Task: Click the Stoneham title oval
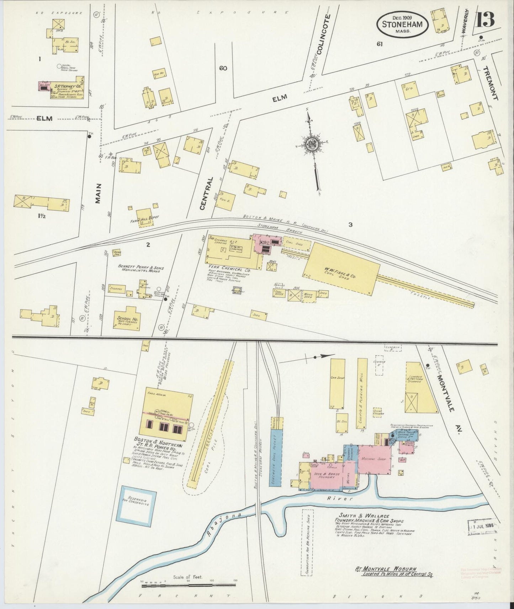click(x=402, y=24)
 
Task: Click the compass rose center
click(x=311, y=144)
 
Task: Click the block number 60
click(x=223, y=68)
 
